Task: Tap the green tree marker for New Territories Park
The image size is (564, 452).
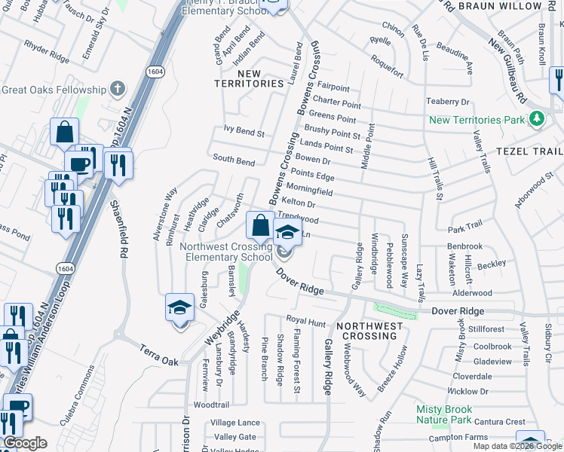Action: pyautogui.click(x=536, y=119)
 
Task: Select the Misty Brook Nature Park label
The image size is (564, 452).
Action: pyautogui.click(x=455, y=414)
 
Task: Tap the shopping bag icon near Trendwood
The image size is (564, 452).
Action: pyautogui.click(x=259, y=224)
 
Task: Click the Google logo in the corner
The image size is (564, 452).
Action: pyautogui.click(x=24, y=443)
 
